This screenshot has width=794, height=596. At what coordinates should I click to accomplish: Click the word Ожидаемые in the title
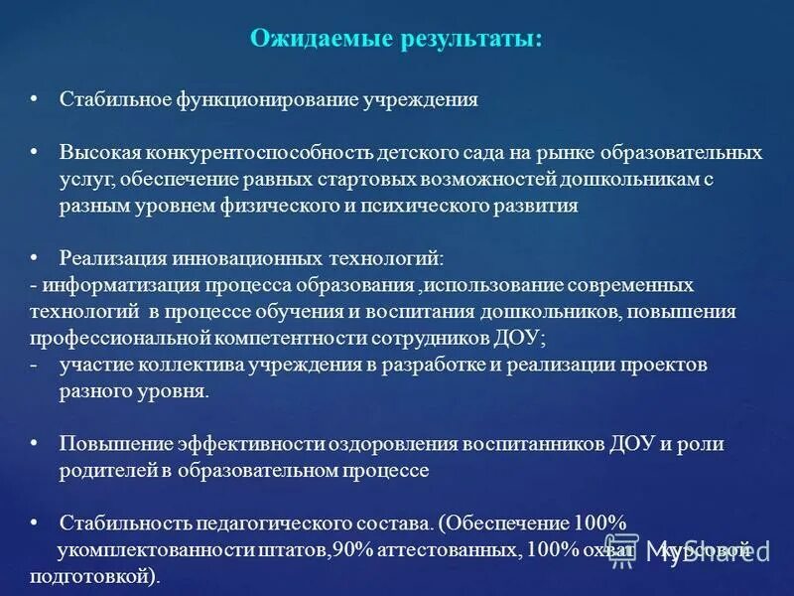tap(311, 39)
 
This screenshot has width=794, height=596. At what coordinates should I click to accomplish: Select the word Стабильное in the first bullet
tap(114, 100)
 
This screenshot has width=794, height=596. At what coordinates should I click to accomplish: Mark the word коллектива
tap(185, 365)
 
